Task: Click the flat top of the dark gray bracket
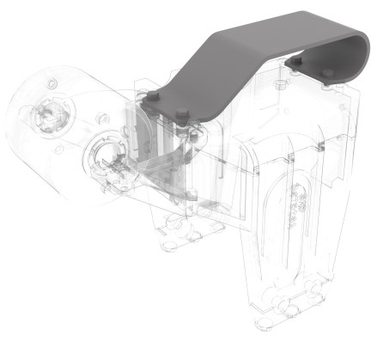tap(283, 34)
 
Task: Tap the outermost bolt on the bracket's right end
tap(326, 72)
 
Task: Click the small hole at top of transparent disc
tap(52, 81)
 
